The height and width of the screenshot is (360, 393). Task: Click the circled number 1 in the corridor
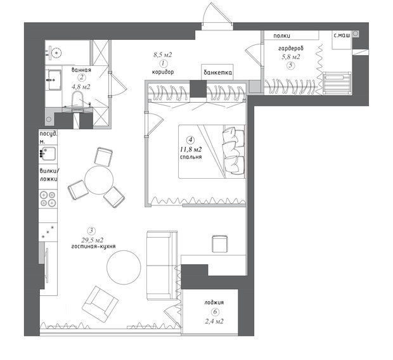[163, 63]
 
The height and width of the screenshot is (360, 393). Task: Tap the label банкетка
[217, 72]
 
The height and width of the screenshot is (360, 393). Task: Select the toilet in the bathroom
[77, 100]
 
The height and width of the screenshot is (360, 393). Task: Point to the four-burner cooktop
[48, 198]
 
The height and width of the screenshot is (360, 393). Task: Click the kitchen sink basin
[48, 153]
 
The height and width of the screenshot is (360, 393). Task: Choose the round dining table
[99, 180]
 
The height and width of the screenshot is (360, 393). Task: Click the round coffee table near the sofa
[124, 267]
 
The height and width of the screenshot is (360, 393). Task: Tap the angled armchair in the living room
[100, 304]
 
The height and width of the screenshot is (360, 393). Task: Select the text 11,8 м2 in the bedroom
[191, 150]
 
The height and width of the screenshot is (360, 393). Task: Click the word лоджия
[214, 302]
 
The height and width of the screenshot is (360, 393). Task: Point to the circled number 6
[215, 312]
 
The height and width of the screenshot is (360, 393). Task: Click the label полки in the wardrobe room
[281, 36]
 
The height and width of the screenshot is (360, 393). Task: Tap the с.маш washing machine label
[342, 35]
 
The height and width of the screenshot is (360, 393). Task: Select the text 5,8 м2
[291, 57]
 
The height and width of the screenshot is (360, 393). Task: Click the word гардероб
[291, 48]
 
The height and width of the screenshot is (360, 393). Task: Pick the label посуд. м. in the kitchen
[48, 138]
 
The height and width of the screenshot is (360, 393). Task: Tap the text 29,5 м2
[92, 240]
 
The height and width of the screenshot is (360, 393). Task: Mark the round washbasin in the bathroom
[57, 53]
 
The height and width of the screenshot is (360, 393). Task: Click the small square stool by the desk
[220, 243]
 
